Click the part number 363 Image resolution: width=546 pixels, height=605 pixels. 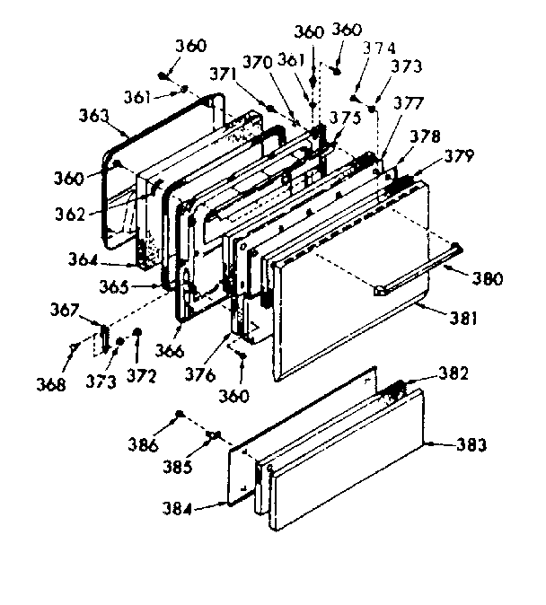pos(94,116)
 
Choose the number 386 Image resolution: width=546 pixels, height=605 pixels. pos(143,443)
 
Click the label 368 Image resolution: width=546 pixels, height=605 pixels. pos(52,384)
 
